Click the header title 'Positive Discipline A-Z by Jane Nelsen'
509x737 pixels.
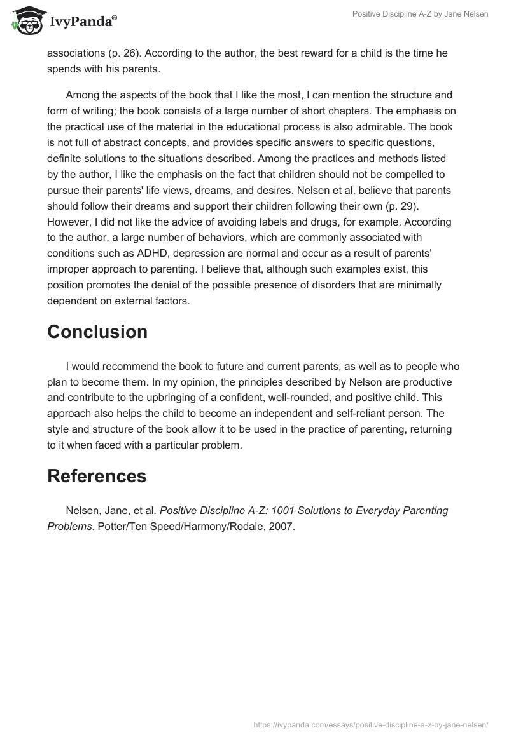pyautogui.click(x=420, y=14)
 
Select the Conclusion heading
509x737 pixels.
pyautogui.click(x=97, y=332)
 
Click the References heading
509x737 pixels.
pyautogui.click(x=97, y=476)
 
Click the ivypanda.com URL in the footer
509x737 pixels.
pyautogui.click(x=370, y=724)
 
